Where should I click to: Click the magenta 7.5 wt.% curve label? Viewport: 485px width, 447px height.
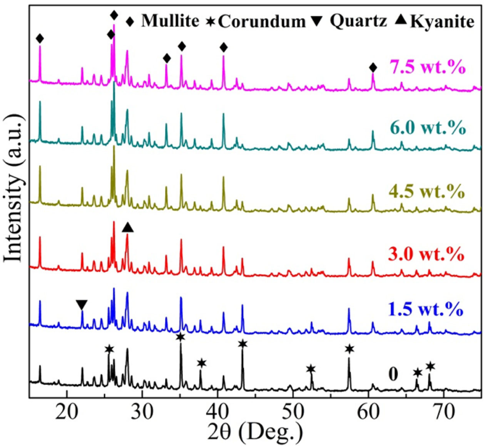click(427, 67)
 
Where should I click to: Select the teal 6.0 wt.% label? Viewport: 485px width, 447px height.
click(427, 128)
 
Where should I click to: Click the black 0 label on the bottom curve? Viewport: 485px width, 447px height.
click(393, 374)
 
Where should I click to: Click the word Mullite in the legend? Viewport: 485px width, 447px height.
click(170, 21)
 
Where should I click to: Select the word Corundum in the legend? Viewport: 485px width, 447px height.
click(262, 22)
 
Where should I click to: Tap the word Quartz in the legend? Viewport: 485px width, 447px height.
click(358, 21)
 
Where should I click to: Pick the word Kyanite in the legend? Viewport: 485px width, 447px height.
click(442, 22)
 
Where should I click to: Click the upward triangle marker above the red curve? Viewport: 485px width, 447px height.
click(127, 228)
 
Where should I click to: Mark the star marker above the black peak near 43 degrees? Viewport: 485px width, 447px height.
click(242, 344)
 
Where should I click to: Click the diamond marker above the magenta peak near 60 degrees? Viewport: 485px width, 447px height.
click(373, 68)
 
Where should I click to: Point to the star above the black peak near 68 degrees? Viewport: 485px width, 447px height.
click(430, 366)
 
